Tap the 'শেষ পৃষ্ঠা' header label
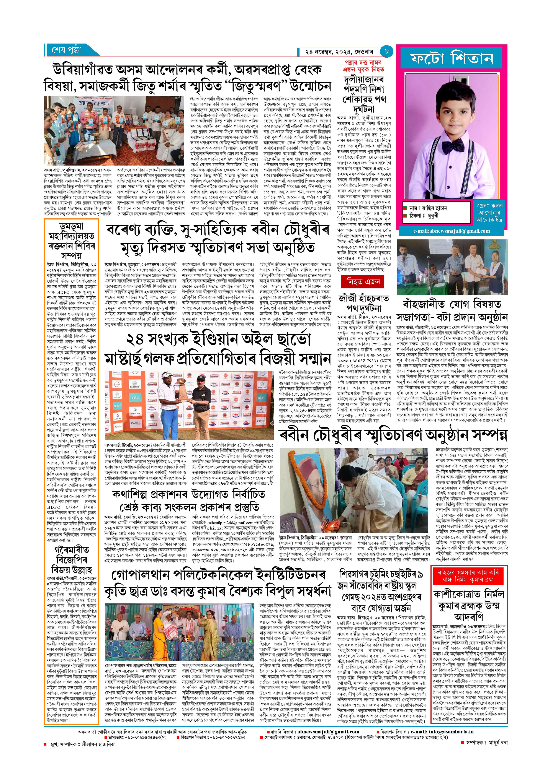pyautogui.click(x=67, y=50)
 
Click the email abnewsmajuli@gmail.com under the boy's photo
pyautogui.click(x=452, y=231)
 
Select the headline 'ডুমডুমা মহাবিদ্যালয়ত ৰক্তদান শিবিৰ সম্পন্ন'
pyautogui.click(x=72, y=241)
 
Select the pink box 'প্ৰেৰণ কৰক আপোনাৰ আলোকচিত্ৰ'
pyautogui.click(x=490, y=213)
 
